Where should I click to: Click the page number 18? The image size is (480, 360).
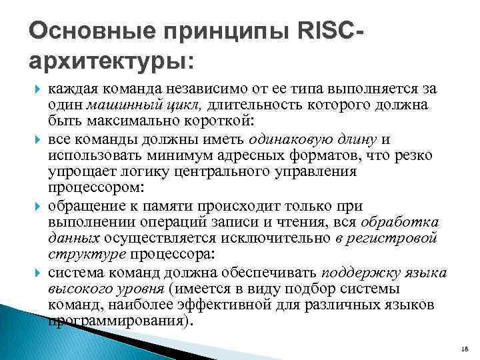465,348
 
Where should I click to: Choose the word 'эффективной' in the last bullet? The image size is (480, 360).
217,305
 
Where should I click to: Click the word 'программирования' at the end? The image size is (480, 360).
117,320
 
